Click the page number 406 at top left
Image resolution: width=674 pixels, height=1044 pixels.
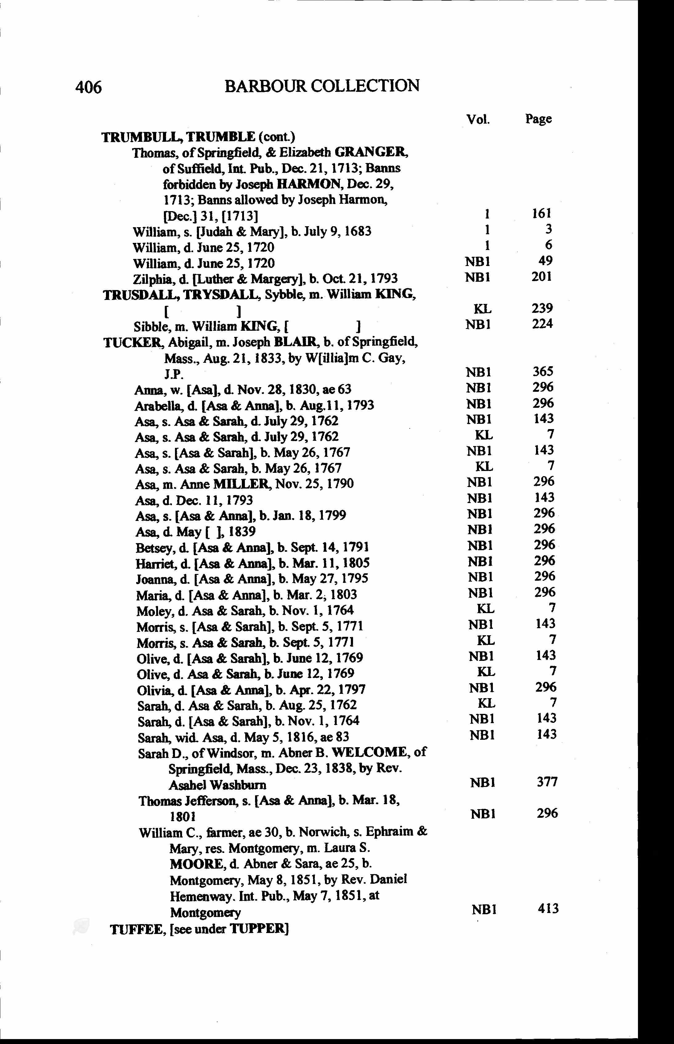[88, 87]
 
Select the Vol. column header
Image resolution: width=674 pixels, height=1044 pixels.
[477, 119]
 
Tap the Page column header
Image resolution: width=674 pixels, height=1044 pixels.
[538, 119]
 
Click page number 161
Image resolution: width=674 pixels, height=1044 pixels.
[542, 213]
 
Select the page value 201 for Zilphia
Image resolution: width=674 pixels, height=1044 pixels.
[542, 277]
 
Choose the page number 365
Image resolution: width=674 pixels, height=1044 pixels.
[543, 371]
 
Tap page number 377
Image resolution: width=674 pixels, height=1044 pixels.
[547, 782]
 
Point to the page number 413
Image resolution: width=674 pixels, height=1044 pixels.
[548, 908]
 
